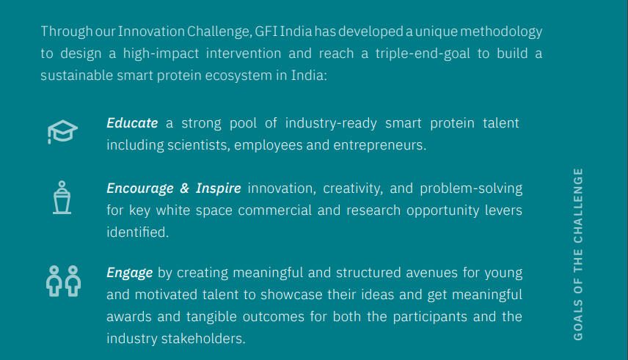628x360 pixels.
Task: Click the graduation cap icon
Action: (x=62, y=131)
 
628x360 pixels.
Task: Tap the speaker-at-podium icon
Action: (x=62, y=197)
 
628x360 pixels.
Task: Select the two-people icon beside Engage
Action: (x=63, y=281)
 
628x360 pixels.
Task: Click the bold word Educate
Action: (x=132, y=123)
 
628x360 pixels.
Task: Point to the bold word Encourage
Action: (x=140, y=188)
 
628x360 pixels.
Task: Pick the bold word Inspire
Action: (x=219, y=188)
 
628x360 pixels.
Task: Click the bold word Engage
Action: (x=129, y=273)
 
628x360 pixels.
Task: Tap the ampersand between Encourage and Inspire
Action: (x=184, y=188)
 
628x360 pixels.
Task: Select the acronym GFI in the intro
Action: (x=266, y=32)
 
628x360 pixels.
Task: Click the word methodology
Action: (x=501, y=32)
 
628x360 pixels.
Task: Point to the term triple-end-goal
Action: (x=423, y=54)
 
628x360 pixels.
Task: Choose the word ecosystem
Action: (x=238, y=76)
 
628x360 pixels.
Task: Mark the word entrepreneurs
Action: (x=380, y=145)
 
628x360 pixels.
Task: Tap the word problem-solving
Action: (x=471, y=188)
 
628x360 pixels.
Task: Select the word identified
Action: (x=138, y=232)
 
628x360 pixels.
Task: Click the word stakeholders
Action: (x=203, y=339)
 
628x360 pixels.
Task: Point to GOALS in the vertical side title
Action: (x=578, y=320)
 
